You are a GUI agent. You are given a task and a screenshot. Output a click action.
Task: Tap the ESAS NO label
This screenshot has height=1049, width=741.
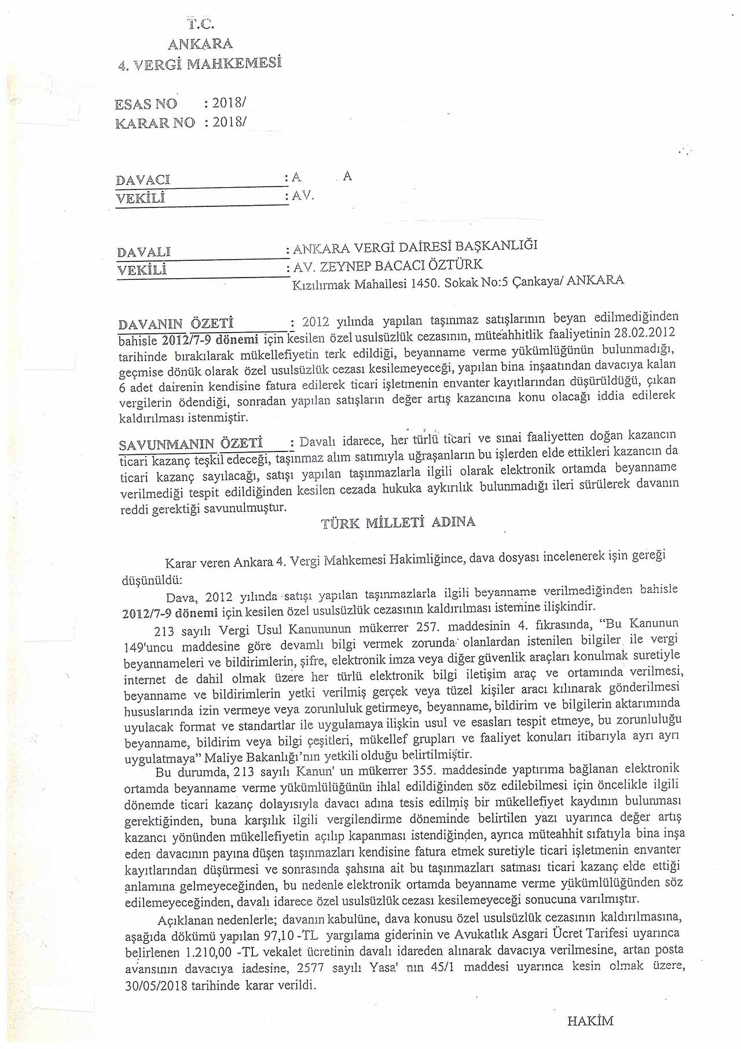click(146, 104)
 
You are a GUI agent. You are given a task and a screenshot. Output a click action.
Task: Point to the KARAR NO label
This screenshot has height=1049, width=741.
click(155, 123)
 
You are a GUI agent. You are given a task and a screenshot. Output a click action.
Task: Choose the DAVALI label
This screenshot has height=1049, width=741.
click(144, 252)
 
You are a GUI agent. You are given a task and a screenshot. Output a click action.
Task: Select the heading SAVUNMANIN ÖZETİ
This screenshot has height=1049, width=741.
click(190, 445)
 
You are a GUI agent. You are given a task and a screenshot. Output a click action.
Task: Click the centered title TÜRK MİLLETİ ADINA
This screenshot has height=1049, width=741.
click(398, 522)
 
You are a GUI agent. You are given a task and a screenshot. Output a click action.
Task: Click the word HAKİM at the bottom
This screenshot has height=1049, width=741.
click(590, 1021)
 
